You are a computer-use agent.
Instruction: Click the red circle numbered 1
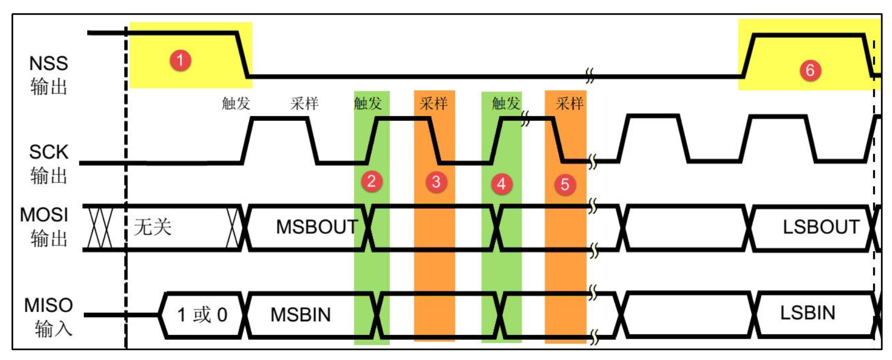[180, 60]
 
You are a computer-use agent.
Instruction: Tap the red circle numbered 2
[371, 181]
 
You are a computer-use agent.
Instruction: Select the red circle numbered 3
[436, 182]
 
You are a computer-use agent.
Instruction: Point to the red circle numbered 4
[501, 184]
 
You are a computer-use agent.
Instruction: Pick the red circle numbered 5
[565, 185]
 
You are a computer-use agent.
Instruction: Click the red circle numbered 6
[810, 70]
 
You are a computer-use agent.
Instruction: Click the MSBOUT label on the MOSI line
[316, 227]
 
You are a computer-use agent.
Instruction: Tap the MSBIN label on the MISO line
[301, 315]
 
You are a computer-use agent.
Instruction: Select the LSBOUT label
[821, 227]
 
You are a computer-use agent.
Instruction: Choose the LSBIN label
[808, 313]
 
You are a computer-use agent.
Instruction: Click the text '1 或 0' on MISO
[202, 315]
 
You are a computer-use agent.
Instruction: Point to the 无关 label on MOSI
[152, 227]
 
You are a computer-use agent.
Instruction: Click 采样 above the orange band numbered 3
[433, 103]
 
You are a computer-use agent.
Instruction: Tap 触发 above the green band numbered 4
[506, 103]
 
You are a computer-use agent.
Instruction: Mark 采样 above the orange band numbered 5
[570, 103]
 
